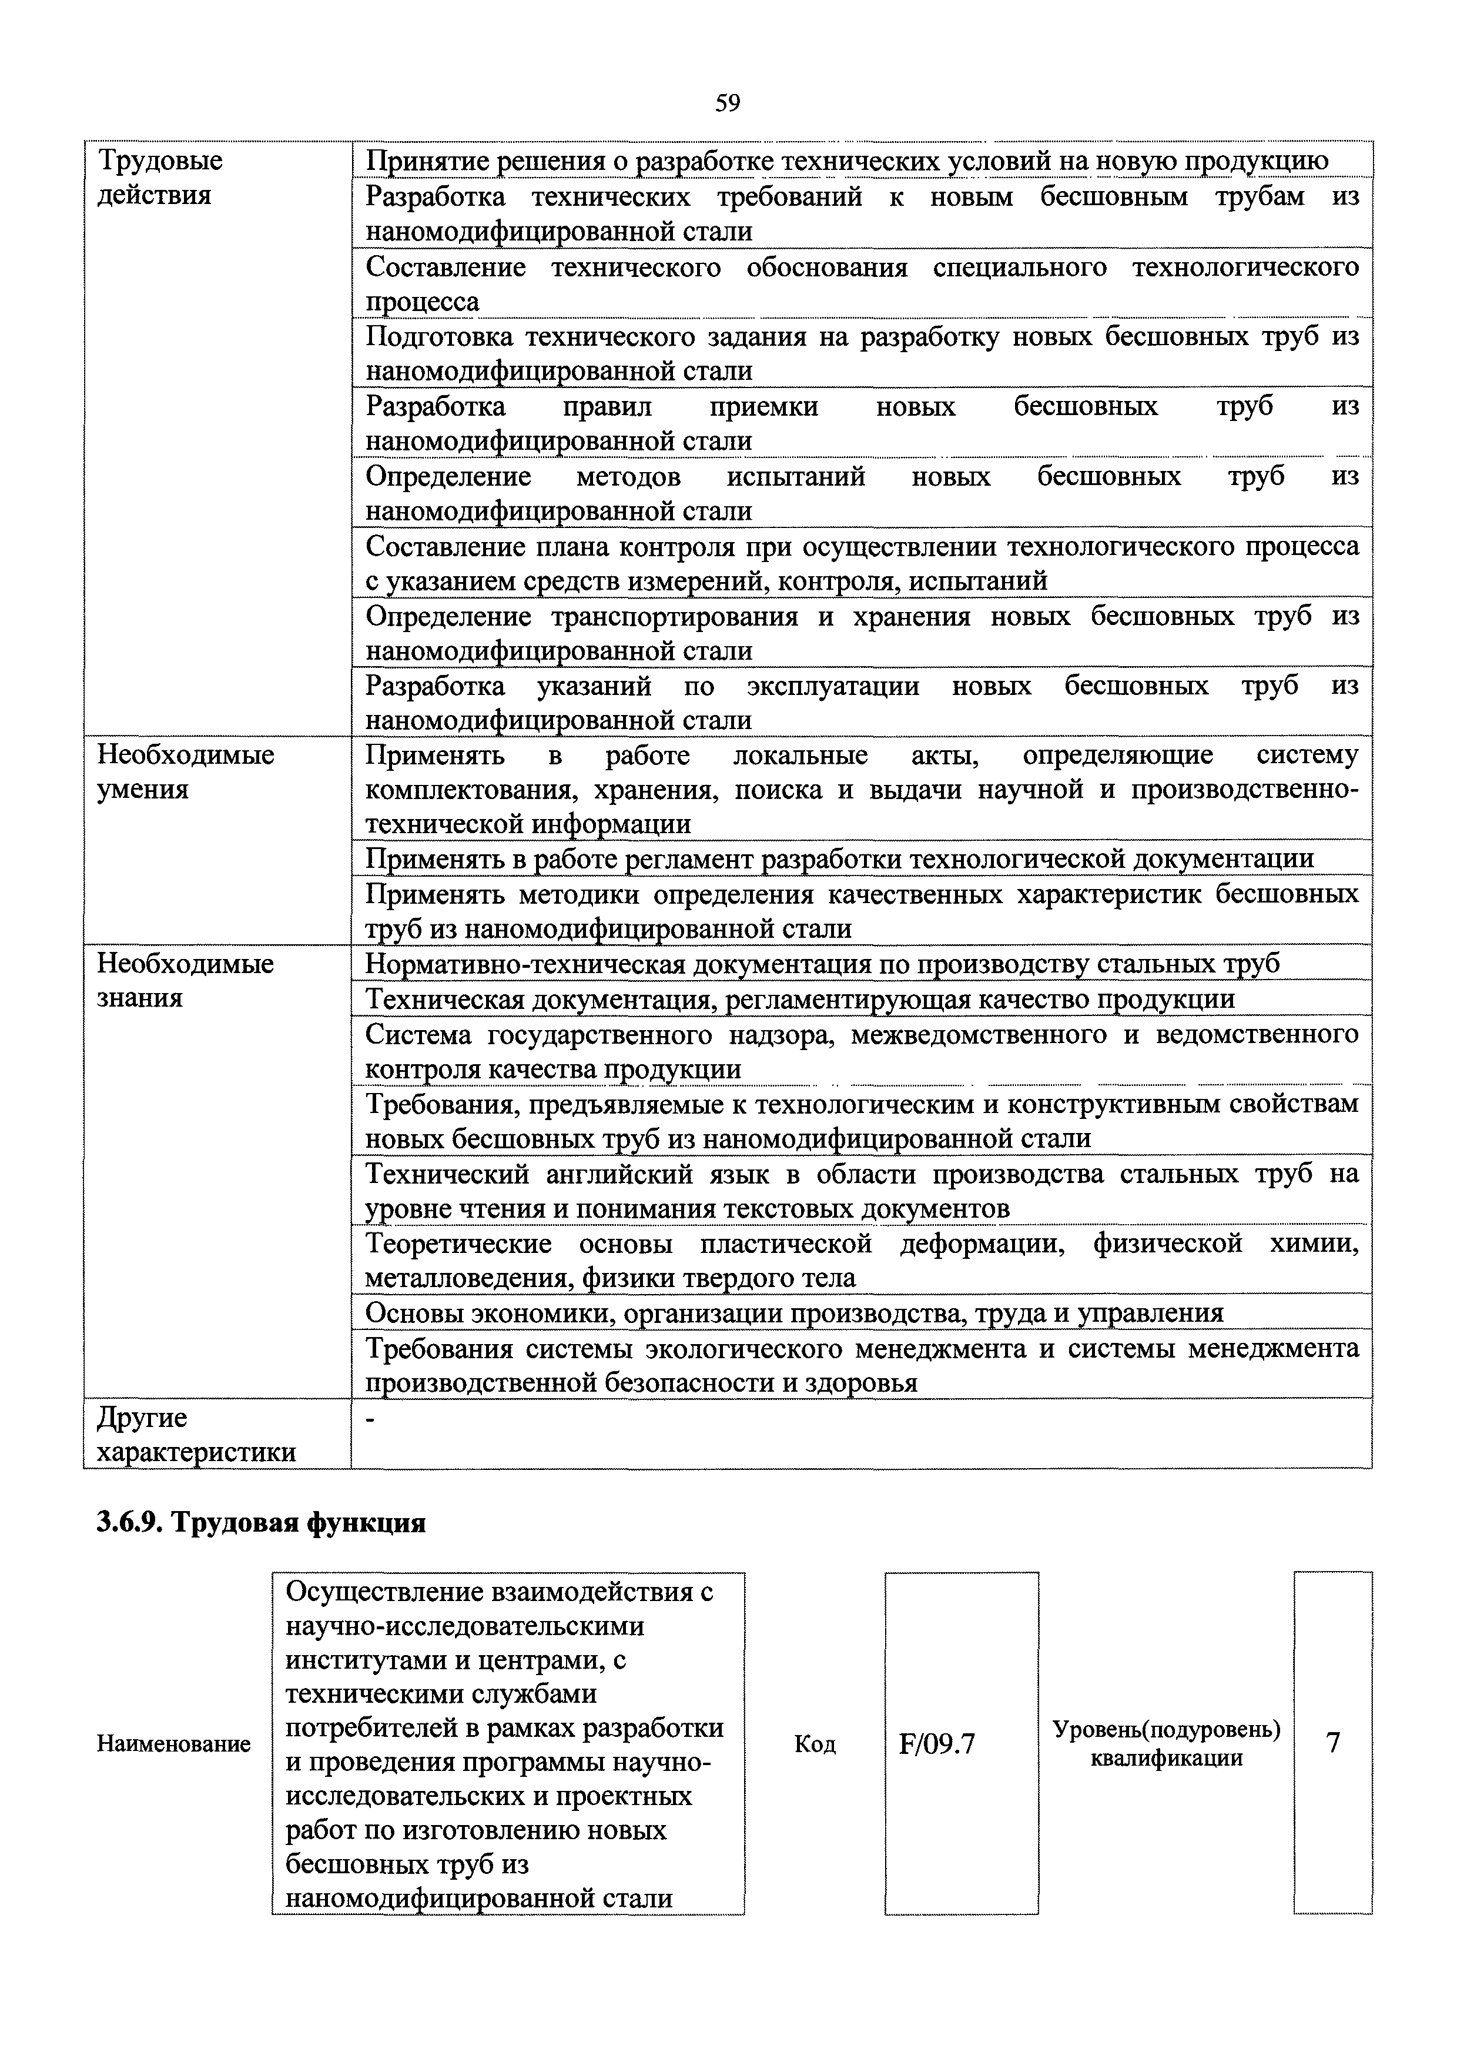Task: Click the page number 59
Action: tap(727, 104)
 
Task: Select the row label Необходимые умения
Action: tap(185, 771)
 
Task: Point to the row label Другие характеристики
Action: tap(196, 1434)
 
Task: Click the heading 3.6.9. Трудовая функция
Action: tap(260, 1523)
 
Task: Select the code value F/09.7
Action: tap(936, 1743)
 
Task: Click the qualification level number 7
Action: tap(1332, 1742)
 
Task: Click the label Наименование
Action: tap(173, 1744)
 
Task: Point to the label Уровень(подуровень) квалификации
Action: tap(1165, 1743)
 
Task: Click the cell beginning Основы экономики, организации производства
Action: tap(793, 1312)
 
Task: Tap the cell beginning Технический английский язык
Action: tap(861, 1191)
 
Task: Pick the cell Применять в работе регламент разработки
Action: tap(839, 858)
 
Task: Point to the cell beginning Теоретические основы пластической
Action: tap(861, 1260)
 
